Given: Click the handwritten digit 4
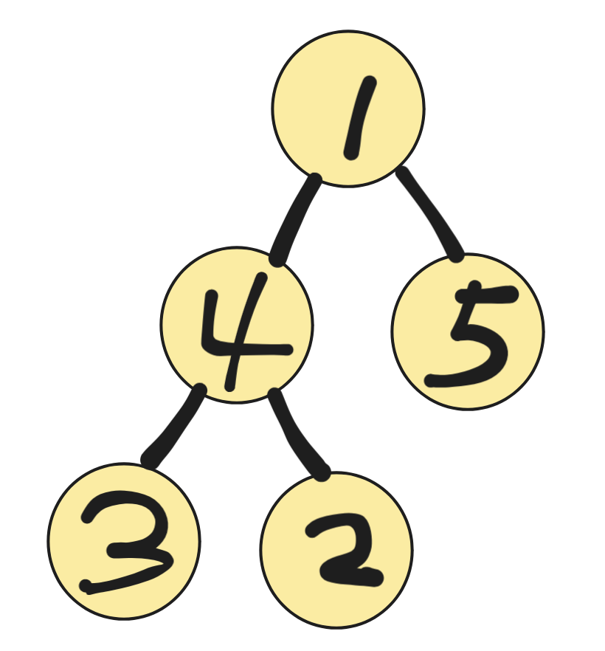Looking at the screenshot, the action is tap(236, 336).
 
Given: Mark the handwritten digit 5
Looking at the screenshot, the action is tap(472, 336).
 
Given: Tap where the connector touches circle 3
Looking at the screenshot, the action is tap(150, 463).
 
